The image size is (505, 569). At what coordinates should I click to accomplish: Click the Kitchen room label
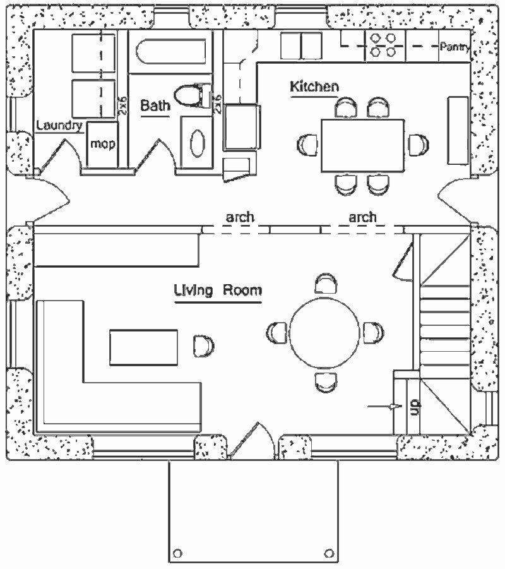314,87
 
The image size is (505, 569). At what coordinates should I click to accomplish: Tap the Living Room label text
218,290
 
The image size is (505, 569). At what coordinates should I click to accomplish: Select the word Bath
155,105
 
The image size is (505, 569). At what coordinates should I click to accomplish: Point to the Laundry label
59,126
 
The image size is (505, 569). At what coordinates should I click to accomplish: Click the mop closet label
102,144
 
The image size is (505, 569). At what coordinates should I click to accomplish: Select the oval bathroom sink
198,144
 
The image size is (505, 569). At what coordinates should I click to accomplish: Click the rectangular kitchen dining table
362,145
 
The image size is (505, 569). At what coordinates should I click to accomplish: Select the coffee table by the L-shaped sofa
144,347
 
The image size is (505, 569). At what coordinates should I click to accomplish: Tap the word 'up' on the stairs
415,406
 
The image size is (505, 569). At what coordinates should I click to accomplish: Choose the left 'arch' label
241,217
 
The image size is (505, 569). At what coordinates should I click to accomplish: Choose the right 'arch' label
362,217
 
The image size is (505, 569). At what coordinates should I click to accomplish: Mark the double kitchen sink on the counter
302,46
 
